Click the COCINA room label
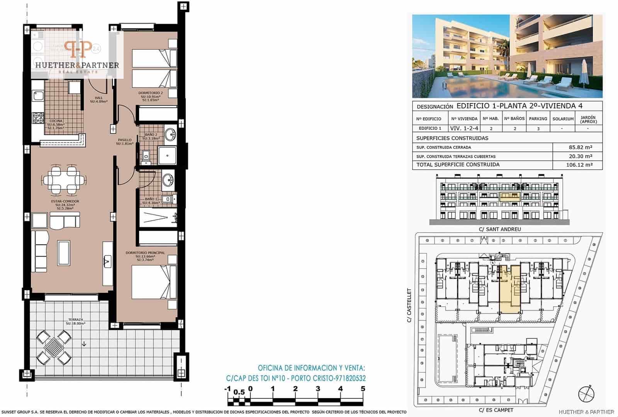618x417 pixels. [x=56, y=121]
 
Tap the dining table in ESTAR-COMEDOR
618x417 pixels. [x=62, y=179]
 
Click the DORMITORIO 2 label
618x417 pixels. [x=151, y=93]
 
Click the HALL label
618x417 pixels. [x=98, y=98]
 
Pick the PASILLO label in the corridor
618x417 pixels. [x=125, y=140]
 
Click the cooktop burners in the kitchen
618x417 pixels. [x=38, y=118]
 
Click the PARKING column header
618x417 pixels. [x=538, y=119]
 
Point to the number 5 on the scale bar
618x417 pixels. [x=363, y=389]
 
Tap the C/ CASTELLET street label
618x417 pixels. [x=410, y=305]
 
